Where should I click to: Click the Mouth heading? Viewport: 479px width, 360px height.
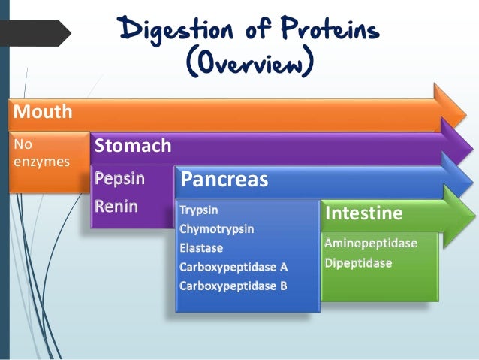coord(42,113)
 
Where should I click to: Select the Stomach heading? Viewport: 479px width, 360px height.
coord(133,146)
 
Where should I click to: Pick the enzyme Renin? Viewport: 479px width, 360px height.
coord(116,205)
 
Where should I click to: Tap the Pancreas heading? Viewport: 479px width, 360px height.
coord(224,180)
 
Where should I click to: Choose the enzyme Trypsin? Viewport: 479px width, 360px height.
coord(200,210)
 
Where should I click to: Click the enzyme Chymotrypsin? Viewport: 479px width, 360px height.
coord(217,229)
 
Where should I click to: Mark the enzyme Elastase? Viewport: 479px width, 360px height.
coord(201,248)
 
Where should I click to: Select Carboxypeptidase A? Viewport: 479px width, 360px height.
coord(233,267)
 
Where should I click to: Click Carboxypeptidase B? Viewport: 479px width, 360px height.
coord(233,286)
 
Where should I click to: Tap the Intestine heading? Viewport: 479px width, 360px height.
coord(363,214)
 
